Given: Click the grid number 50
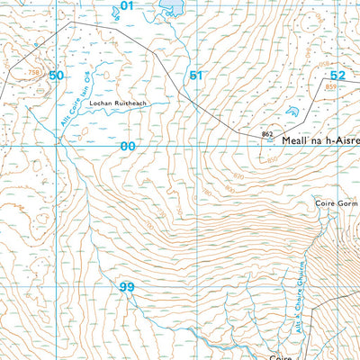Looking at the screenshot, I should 57,76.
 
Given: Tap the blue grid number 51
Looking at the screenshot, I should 196,76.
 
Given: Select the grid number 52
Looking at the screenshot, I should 337,76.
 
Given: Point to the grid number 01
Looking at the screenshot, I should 126,6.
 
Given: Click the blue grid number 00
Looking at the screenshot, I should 128,146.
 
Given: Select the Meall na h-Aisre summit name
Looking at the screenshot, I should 319,141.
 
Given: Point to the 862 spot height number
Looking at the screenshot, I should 266,134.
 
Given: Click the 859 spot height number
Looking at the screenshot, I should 330,87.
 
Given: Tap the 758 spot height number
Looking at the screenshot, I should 34,71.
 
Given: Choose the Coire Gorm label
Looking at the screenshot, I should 337,204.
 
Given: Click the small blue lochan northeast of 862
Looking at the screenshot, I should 291,112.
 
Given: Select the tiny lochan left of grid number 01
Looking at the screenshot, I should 113,13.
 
